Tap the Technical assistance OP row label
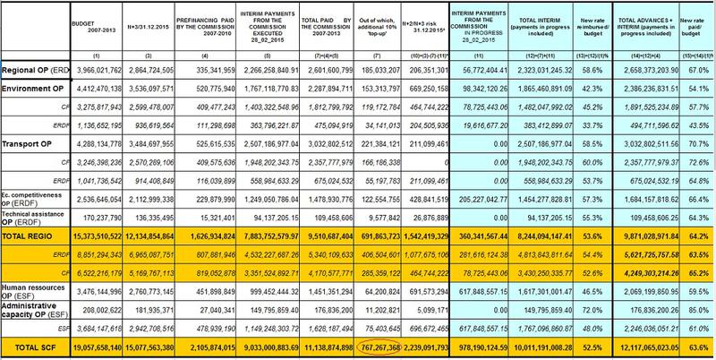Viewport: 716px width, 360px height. point(34,216)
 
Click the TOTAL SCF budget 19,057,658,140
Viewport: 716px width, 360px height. point(97,347)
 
